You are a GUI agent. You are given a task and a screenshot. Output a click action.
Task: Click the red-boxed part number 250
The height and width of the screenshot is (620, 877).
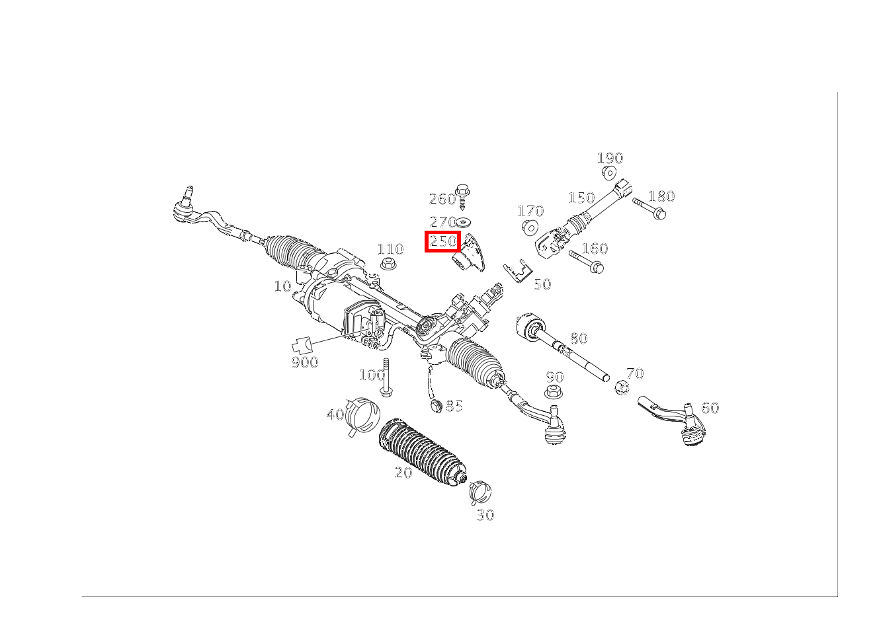coord(443,241)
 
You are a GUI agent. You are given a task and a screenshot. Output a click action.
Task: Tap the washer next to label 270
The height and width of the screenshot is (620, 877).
coord(464,222)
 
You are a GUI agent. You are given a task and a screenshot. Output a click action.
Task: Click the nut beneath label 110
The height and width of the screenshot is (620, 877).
coord(388,264)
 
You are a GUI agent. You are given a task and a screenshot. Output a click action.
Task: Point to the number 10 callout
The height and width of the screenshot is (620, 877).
coord(282,286)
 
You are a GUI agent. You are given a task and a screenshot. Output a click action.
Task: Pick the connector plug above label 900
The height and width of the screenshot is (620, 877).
coord(302,345)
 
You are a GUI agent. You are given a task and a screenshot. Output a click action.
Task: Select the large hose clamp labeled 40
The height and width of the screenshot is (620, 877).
coord(362,416)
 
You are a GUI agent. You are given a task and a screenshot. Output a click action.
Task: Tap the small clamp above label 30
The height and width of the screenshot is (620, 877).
coord(480,492)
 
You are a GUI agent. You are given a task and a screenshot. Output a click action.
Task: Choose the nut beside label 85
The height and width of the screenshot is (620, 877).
coord(436,406)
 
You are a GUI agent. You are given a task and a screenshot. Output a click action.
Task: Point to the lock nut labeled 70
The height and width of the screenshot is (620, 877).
coord(622,387)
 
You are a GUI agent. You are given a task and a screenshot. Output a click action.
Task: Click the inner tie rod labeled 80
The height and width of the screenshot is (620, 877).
coord(560,344)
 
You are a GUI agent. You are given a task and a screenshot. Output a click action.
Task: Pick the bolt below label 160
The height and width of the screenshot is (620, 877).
coord(587,262)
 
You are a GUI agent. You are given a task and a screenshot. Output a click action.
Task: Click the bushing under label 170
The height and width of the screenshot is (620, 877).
coord(530,227)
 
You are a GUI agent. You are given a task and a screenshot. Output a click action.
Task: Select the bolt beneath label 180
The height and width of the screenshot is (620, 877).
coord(649,208)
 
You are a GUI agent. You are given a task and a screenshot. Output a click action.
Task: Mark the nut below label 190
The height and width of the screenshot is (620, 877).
coord(609,173)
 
